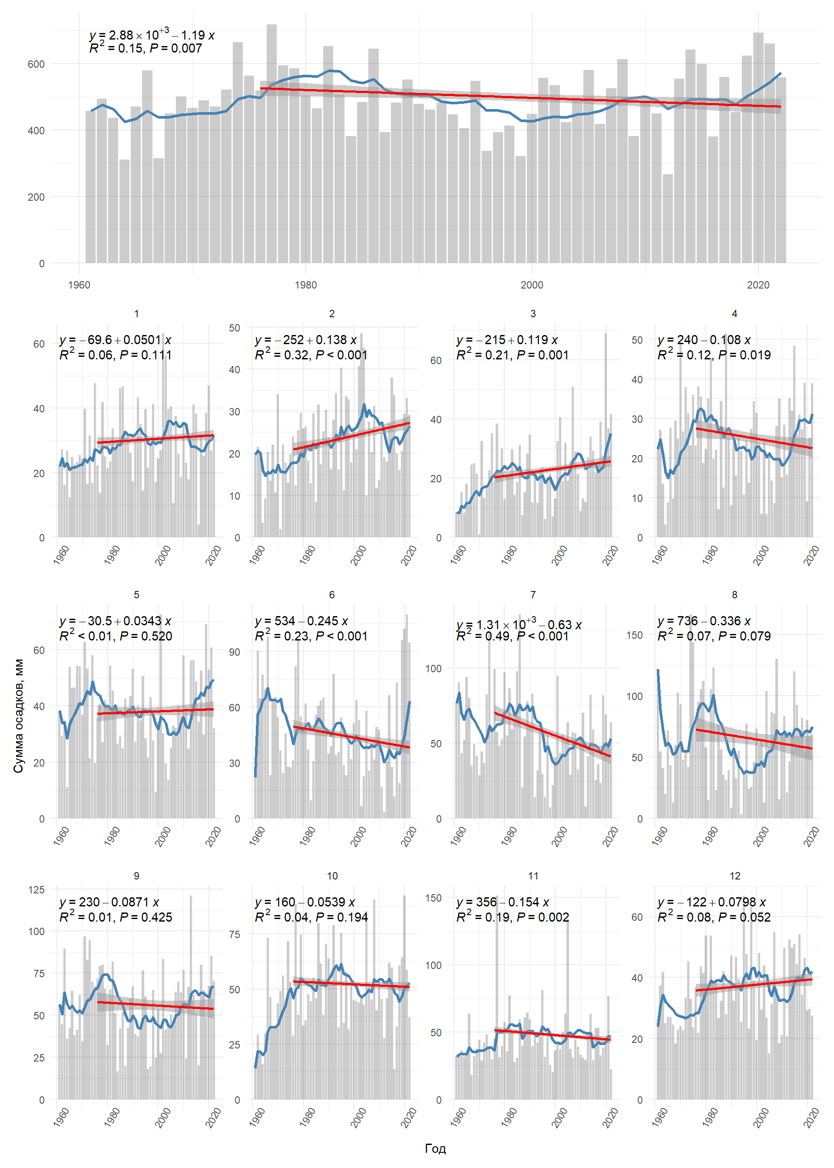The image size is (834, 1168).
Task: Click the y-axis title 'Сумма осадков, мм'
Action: (x=19, y=716)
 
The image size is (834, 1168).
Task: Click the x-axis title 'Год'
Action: (x=435, y=1148)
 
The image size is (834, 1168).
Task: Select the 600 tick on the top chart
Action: (x=36, y=64)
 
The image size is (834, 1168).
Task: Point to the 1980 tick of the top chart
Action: (x=305, y=285)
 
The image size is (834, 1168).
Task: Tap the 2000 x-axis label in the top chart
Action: (x=532, y=285)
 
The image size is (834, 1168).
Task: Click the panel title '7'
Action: (x=533, y=595)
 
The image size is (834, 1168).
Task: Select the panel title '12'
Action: (x=735, y=876)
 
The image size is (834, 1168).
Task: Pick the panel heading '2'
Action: (x=332, y=313)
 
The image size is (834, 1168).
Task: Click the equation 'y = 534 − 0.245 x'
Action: (x=301, y=621)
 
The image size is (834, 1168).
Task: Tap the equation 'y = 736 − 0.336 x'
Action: (x=704, y=621)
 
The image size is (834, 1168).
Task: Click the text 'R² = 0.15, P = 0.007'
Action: (x=146, y=48)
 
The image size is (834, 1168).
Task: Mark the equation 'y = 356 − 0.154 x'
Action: (x=503, y=902)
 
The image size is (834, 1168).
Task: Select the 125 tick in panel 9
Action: (x=36, y=889)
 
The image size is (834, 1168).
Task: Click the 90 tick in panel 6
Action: (x=235, y=652)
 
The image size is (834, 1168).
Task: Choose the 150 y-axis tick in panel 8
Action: (x=634, y=635)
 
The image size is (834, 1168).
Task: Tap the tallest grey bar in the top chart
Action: (x=271, y=144)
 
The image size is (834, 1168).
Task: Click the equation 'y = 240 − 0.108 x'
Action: (x=704, y=340)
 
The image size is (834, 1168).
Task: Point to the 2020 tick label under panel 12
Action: (x=811, y=1118)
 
